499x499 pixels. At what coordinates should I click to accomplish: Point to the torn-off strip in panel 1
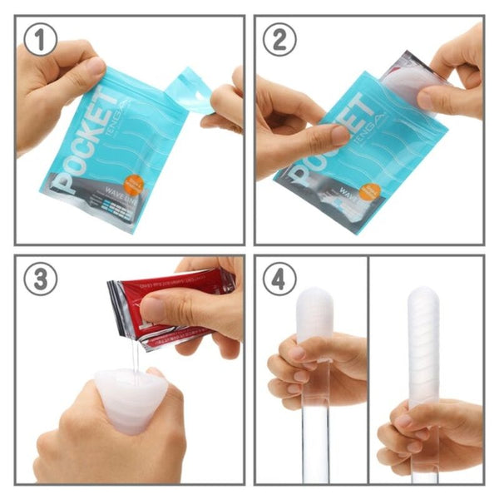[x=189, y=90]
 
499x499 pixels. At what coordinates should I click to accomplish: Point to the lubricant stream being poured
[x=132, y=353]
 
